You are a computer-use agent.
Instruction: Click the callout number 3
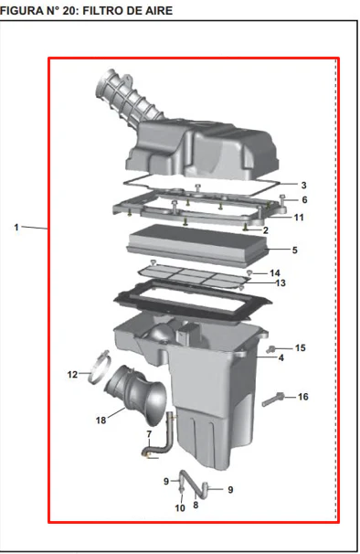point(304,186)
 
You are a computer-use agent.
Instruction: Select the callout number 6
point(304,200)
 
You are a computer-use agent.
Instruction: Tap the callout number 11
point(299,218)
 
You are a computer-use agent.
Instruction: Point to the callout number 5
point(294,250)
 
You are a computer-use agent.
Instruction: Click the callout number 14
point(275,273)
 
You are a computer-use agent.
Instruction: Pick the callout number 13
point(281,283)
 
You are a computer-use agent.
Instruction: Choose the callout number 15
point(301,348)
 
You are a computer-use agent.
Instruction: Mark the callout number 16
point(303,397)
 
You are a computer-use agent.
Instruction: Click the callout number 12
point(72,375)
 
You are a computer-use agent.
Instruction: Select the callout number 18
point(101,421)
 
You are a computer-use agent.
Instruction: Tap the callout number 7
point(149,434)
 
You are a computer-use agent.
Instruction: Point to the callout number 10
point(180,508)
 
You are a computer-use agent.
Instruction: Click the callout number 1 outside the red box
point(16,228)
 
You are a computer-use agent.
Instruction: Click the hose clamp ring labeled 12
point(100,368)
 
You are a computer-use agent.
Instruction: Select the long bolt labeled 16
point(273,400)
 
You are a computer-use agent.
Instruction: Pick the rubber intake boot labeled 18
point(135,394)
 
